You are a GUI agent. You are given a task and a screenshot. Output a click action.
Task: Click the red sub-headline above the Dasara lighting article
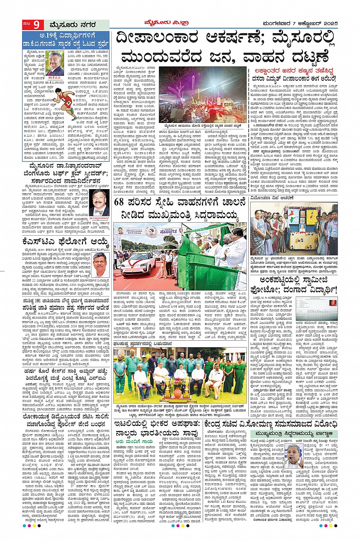293,70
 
